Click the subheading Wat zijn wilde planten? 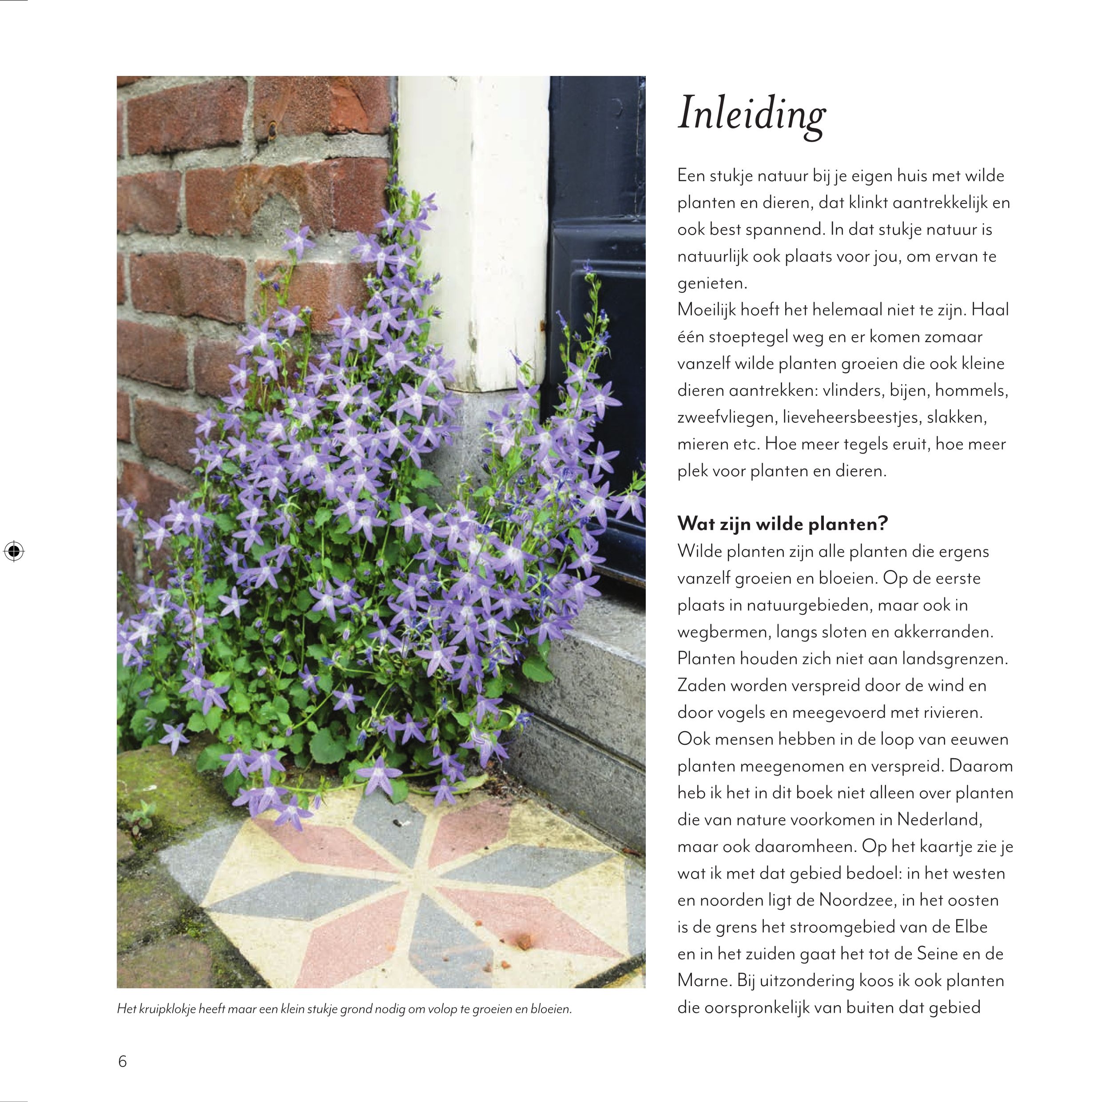click(x=782, y=524)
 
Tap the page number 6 click(x=122, y=1062)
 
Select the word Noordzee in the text click(x=852, y=900)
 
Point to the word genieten click(x=712, y=283)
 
